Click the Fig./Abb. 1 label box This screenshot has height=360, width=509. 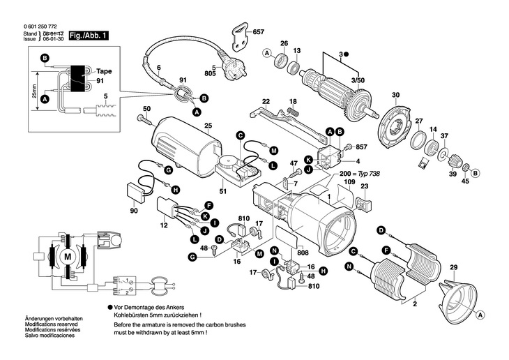click(x=89, y=34)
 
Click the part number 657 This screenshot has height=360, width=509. click(x=259, y=33)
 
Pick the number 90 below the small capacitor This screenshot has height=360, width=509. click(x=134, y=211)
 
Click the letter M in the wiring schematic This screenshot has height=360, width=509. click(x=68, y=257)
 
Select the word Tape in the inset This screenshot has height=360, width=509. click(x=104, y=72)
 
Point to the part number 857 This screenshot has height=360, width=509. click(x=360, y=148)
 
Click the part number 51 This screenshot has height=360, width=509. click(x=222, y=191)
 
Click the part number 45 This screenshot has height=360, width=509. click(x=466, y=183)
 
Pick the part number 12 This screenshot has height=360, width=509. click(x=165, y=227)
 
